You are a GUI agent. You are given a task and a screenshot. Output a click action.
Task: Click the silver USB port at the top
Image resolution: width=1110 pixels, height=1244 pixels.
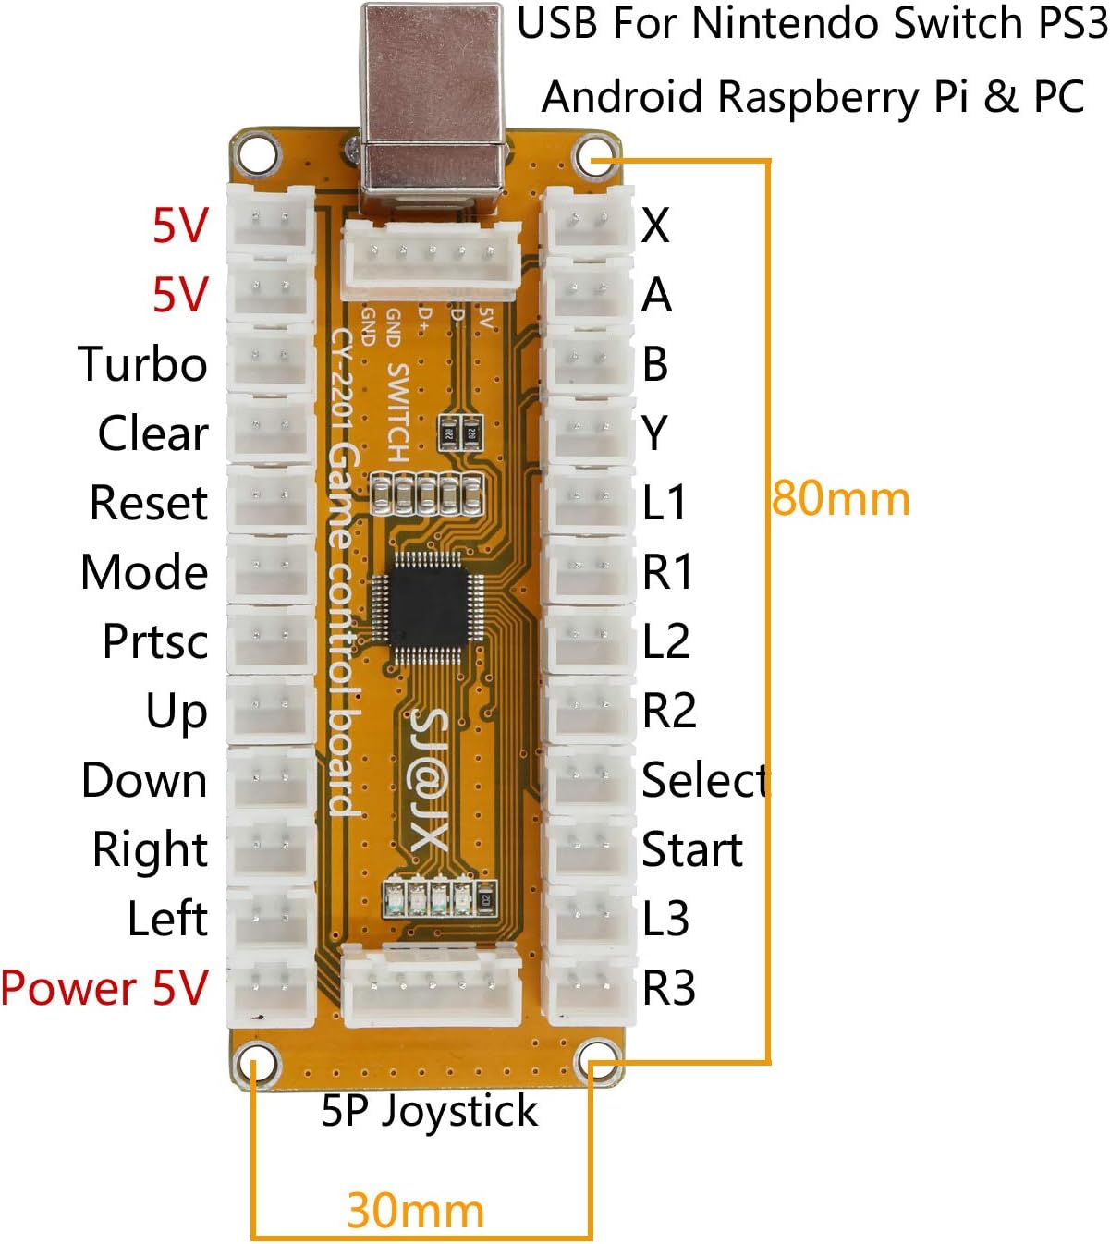click(432, 102)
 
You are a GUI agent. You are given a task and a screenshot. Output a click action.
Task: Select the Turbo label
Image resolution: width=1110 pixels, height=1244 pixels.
click(142, 364)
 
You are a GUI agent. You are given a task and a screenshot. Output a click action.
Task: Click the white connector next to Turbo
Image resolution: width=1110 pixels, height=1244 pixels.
click(270, 359)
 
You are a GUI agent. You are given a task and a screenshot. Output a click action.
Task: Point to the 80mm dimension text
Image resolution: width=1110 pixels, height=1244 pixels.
click(840, 499)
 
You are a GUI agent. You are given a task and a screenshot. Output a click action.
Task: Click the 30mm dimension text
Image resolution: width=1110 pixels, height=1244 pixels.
click(415, 1211)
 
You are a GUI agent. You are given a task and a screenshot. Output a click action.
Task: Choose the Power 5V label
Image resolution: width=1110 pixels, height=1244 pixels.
click(104, 988)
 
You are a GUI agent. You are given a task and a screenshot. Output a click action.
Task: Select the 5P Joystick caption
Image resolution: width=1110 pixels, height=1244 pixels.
click(429, 1111)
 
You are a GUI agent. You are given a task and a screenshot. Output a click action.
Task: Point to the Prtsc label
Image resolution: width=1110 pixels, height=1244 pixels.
click(155, 641)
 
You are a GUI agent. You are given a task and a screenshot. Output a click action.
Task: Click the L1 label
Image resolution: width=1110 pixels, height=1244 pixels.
click(665, 503)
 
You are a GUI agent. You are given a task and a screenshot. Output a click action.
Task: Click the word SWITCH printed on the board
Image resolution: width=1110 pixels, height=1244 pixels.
click(397, 412)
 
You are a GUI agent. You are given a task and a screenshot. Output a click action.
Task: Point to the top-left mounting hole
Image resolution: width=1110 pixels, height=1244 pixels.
click(255, 153)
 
